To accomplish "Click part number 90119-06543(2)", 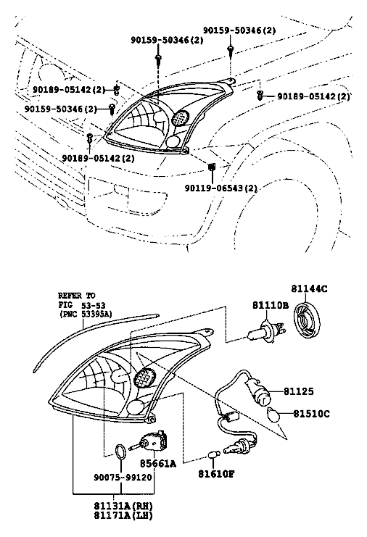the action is point(220,188).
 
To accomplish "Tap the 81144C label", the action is point(309,288).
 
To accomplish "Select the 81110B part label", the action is point(271,305).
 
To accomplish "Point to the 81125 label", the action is point(299,391).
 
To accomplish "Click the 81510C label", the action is point(311,414).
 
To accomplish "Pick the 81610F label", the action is point(216,474).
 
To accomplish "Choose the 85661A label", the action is point(158,464).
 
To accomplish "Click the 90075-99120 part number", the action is point(123,477).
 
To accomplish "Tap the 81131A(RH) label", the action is point(123,506).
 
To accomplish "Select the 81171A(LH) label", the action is point(123,515).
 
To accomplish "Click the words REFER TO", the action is point(77,296).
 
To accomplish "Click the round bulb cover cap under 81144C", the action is point(308,319).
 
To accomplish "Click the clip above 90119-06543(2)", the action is point(212,167).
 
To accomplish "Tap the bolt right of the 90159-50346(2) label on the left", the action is point(112,108).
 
